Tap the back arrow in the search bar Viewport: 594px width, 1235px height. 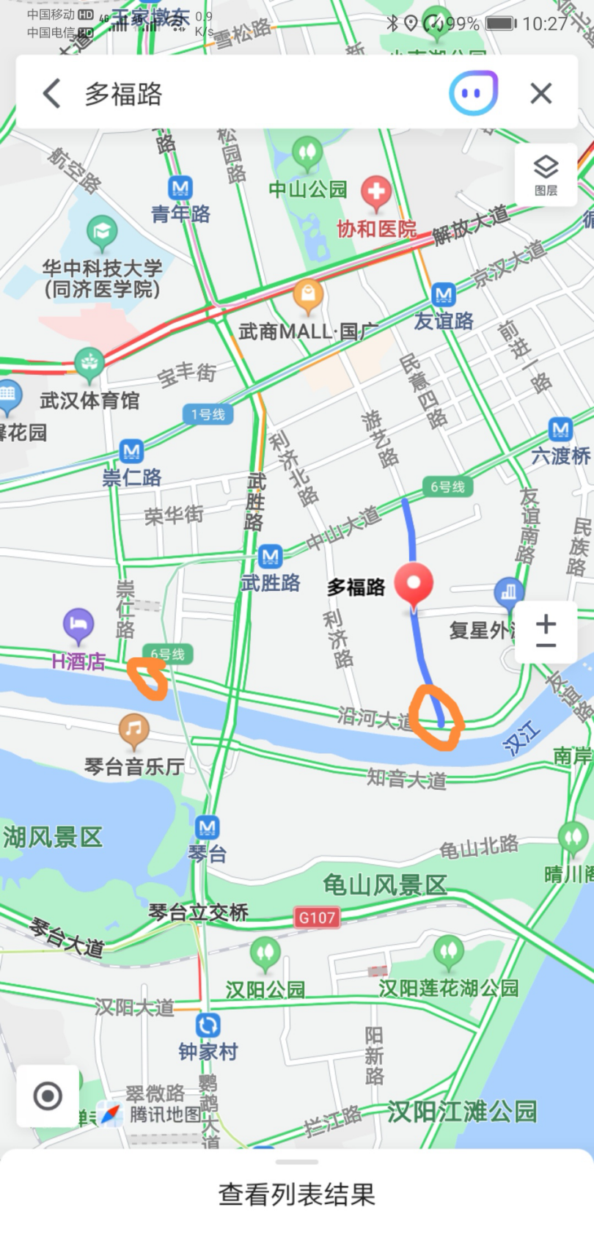51,94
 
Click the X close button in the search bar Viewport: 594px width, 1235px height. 541,93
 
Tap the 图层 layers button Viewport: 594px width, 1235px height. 546,175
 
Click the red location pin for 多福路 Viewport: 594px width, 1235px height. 414,584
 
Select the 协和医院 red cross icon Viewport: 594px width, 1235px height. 375,191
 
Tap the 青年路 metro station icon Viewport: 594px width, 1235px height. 180,188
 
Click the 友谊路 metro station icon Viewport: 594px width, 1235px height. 443,295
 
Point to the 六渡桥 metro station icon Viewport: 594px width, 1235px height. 560,429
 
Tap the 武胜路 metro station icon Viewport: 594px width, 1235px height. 270,556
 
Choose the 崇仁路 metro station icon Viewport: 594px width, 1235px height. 131,450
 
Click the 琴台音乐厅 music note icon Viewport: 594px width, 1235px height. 133,729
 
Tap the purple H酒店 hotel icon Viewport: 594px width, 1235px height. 78,625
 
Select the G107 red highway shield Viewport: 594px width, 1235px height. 317,917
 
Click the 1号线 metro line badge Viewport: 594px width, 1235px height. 208,414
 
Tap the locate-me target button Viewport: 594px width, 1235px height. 48,1096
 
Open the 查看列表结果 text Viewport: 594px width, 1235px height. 297,1194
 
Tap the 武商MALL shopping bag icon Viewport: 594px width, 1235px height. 308,296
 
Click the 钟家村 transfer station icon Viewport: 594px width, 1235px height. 208,1025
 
